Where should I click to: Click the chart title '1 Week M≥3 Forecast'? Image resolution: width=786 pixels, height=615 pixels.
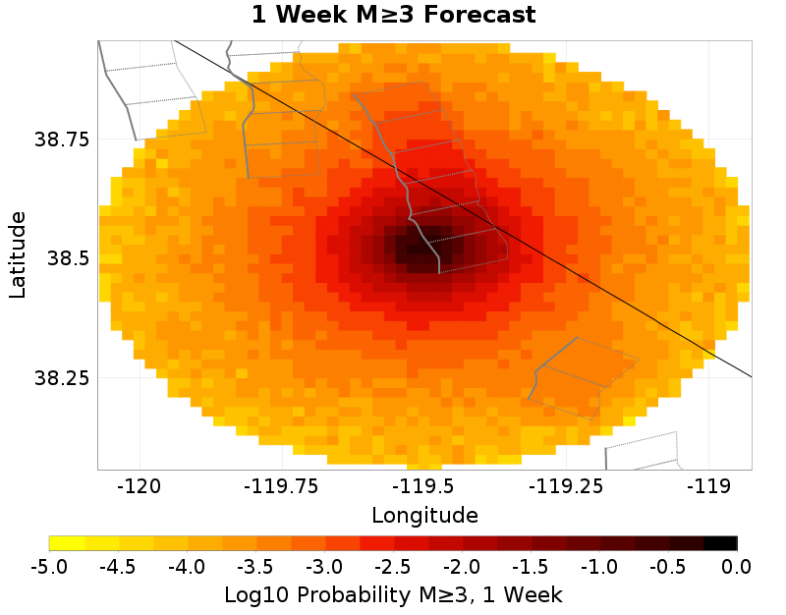tap(393, 16)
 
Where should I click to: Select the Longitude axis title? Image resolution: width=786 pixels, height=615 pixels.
tap(424, 515)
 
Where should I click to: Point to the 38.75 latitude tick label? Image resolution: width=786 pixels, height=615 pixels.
tap(62, 140)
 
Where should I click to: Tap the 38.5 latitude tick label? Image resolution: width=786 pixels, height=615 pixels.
tap(68, 258)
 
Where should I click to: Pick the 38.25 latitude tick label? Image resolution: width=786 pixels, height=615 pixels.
tap(62, 378)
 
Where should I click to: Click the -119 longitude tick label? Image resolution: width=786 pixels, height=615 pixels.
tap(707, 485)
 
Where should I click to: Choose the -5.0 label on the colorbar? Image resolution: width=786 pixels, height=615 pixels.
tap(48, 566)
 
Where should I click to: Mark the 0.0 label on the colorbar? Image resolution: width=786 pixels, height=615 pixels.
tap(737, 566)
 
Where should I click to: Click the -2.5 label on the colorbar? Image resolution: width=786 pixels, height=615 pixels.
tap(393, 566)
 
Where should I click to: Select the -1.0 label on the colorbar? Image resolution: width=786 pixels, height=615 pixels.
tap(599, 566)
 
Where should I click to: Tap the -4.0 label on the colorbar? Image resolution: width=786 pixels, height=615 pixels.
tap(186, 566)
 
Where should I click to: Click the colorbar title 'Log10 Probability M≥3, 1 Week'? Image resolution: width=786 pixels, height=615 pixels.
tap(393, 594)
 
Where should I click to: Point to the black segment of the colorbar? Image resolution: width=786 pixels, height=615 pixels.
tap(720, 542)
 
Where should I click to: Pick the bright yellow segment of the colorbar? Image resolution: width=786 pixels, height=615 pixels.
tap(66, 542)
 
